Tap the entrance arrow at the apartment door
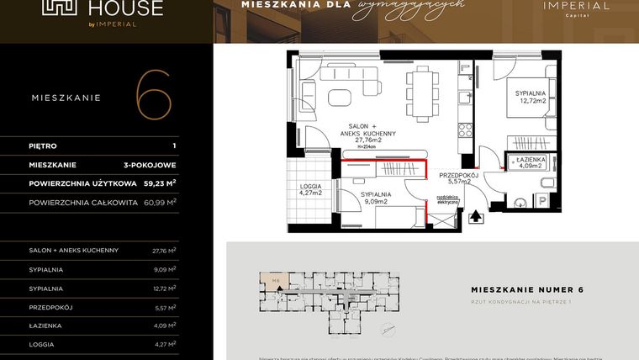(476, 216)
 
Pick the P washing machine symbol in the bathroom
(543, 200)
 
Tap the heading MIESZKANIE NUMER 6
(528, 289)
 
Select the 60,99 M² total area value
(161, 203)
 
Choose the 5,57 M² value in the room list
(163, 307)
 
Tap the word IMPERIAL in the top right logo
(572, 6)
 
